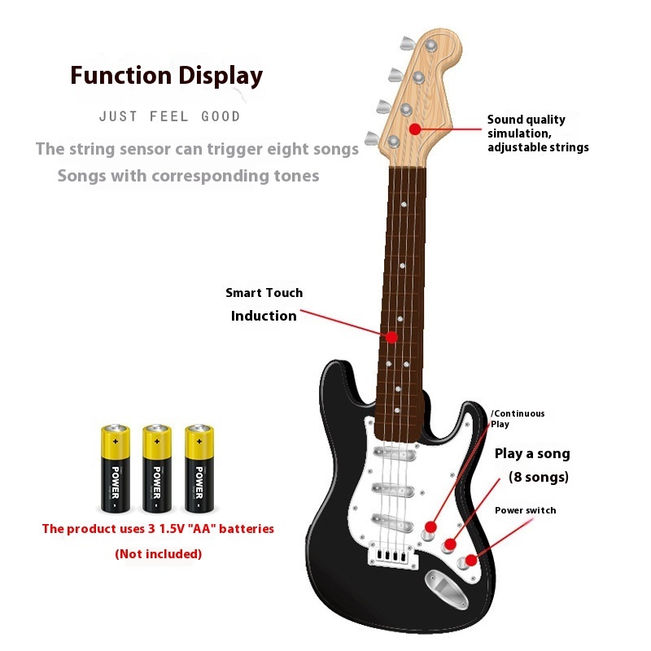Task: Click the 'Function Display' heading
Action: coord(166,76)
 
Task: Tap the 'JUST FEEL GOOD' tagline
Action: coord(169,116)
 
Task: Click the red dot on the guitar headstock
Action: coord(415,129)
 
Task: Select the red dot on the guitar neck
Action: coord(392,336)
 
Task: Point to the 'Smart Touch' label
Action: coord(264,293)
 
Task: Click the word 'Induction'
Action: coord(264,316)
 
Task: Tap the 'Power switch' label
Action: coord(526,510)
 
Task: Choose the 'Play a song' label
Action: coord(532,453)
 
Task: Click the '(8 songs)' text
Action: coord(538,477)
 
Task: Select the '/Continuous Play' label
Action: coord(518,418)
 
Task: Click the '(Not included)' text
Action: coord(158,554)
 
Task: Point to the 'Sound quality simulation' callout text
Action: coord(537,133)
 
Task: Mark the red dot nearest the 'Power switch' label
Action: coord(470,561)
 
